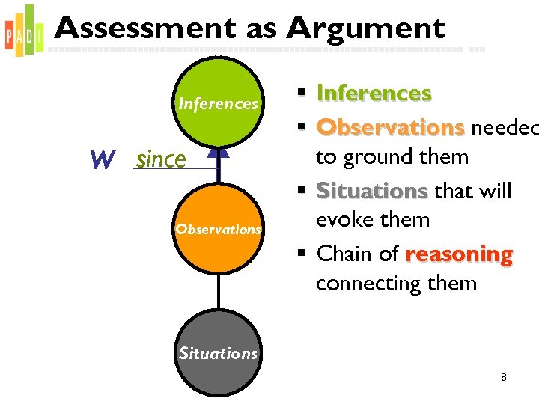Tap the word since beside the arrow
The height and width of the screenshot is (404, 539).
pos(161,159)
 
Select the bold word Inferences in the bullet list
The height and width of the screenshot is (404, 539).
pos(374,94)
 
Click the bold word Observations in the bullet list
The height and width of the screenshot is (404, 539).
pos(390,128)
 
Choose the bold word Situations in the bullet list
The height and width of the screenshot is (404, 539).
pos(372,192)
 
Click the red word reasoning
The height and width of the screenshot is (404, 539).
pos(459,254)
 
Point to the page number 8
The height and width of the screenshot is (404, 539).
pos(504,377)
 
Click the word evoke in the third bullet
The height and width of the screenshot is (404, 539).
pos(342,220)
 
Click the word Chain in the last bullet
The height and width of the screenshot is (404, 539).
pos(343,254)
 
